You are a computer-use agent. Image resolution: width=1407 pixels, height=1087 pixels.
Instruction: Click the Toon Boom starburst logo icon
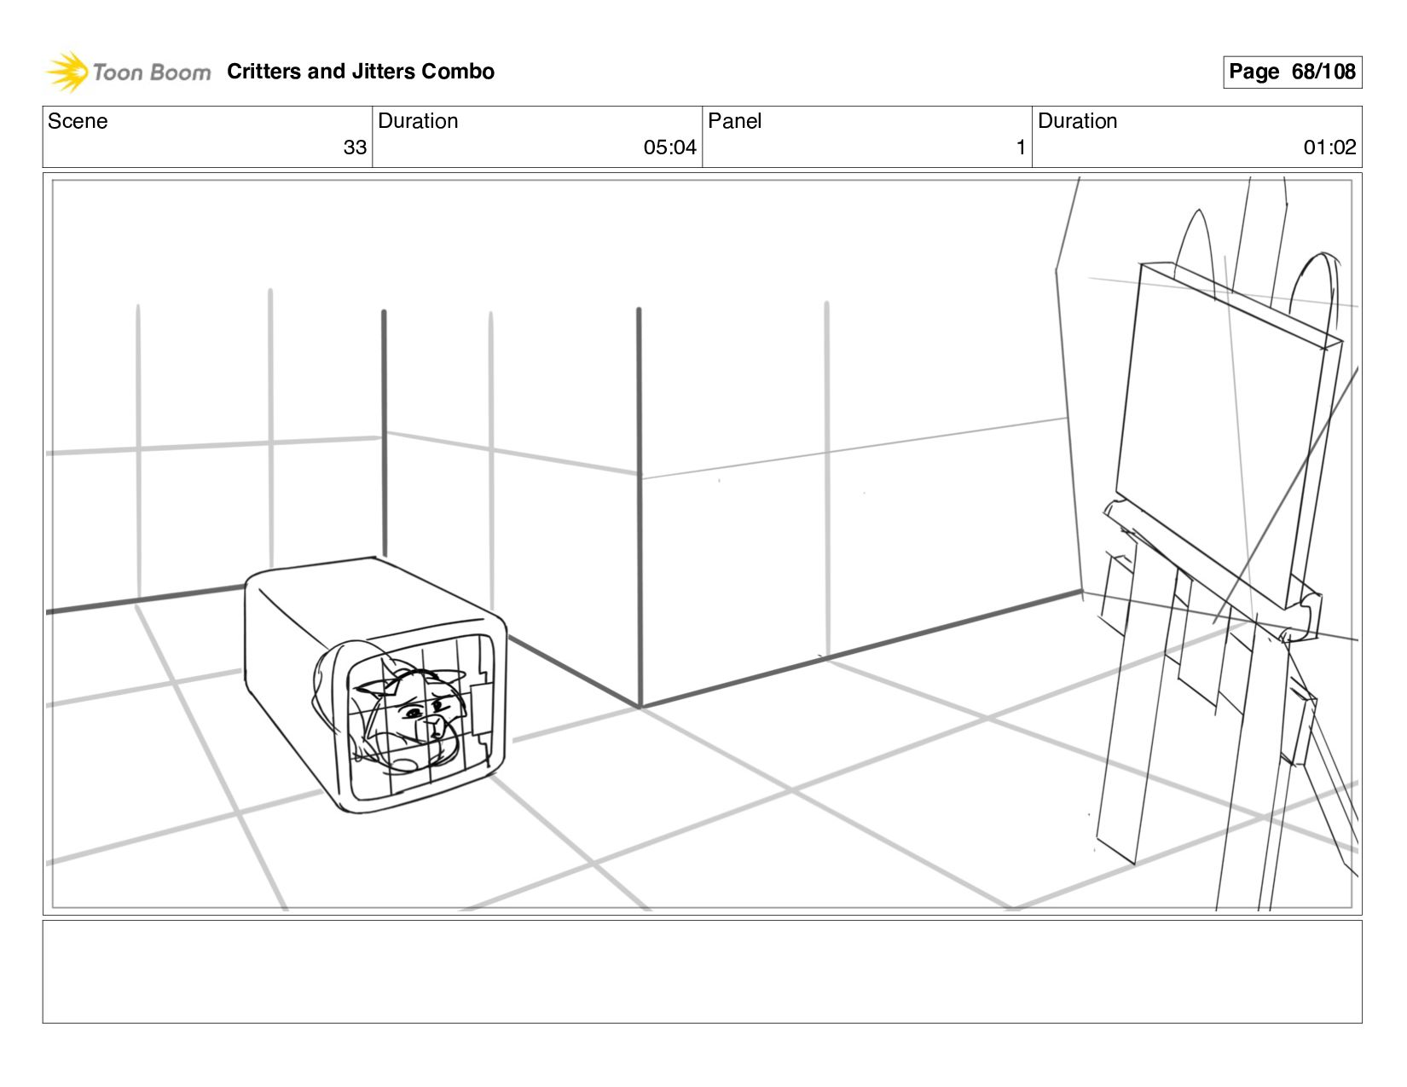[x=67, y=71]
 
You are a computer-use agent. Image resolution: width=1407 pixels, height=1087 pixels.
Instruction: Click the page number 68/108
[x=1323, y=72]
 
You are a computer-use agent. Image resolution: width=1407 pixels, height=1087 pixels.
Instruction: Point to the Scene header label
[x=78, y=121]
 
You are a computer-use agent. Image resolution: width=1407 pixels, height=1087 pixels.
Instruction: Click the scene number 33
[x=355, y=147]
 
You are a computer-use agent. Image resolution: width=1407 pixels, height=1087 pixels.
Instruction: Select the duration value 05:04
[x=669, y=147]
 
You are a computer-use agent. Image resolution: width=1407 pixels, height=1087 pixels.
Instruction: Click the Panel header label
[x=734, y=121]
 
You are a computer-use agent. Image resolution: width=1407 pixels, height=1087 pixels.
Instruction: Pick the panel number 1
[x=1020, y=147]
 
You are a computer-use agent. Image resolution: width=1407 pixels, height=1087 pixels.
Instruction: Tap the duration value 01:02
[x=1329, y=147]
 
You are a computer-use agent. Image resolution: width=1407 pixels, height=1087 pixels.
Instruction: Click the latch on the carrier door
[x=481, y=708]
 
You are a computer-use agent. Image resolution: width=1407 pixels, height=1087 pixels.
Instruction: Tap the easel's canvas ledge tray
[x=1211, y=567]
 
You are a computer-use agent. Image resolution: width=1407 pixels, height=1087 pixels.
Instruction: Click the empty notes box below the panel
[x=702, y=971]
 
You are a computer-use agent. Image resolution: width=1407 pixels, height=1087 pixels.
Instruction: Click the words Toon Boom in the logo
[x=151, y=72]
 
